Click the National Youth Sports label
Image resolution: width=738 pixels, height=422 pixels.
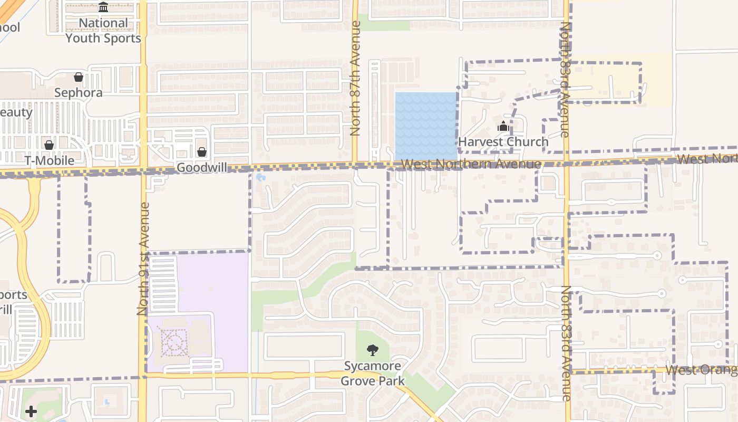[x=103, y=31]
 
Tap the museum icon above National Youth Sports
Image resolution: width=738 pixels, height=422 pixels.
[x=103, y=7]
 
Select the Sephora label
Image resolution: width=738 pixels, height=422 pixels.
[x=79, y=93]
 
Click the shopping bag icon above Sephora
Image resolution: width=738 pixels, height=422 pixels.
[x=79, y=77]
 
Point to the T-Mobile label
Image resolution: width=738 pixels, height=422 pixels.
[x=49, y=160]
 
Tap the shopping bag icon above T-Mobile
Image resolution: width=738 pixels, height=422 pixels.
[x=49, y=145]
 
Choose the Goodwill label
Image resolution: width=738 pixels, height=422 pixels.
[x=202, y=167]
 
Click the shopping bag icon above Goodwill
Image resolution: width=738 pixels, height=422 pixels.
[x=202, y=152]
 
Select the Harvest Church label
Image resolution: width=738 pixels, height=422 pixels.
[x=503, y=142]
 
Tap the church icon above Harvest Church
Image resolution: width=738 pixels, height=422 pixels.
[x=503, y=127]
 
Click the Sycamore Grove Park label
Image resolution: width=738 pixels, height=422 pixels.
[x=373, y=373]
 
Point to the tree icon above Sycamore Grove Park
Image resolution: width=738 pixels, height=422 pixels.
[x=373, y=350]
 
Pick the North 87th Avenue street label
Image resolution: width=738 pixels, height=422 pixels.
[x=355, y=78]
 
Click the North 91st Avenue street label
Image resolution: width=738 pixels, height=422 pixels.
[x=144, y=258]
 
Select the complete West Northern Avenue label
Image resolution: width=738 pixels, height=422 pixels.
[x=471, y=164]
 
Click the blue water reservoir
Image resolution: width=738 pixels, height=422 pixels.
[x=426, y=126]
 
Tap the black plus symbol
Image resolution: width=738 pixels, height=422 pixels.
[x=31, y=411]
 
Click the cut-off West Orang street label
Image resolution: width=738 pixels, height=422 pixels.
[x=701, y=370]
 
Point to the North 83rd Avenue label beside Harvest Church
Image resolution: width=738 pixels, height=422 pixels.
[x=565, y=79]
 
